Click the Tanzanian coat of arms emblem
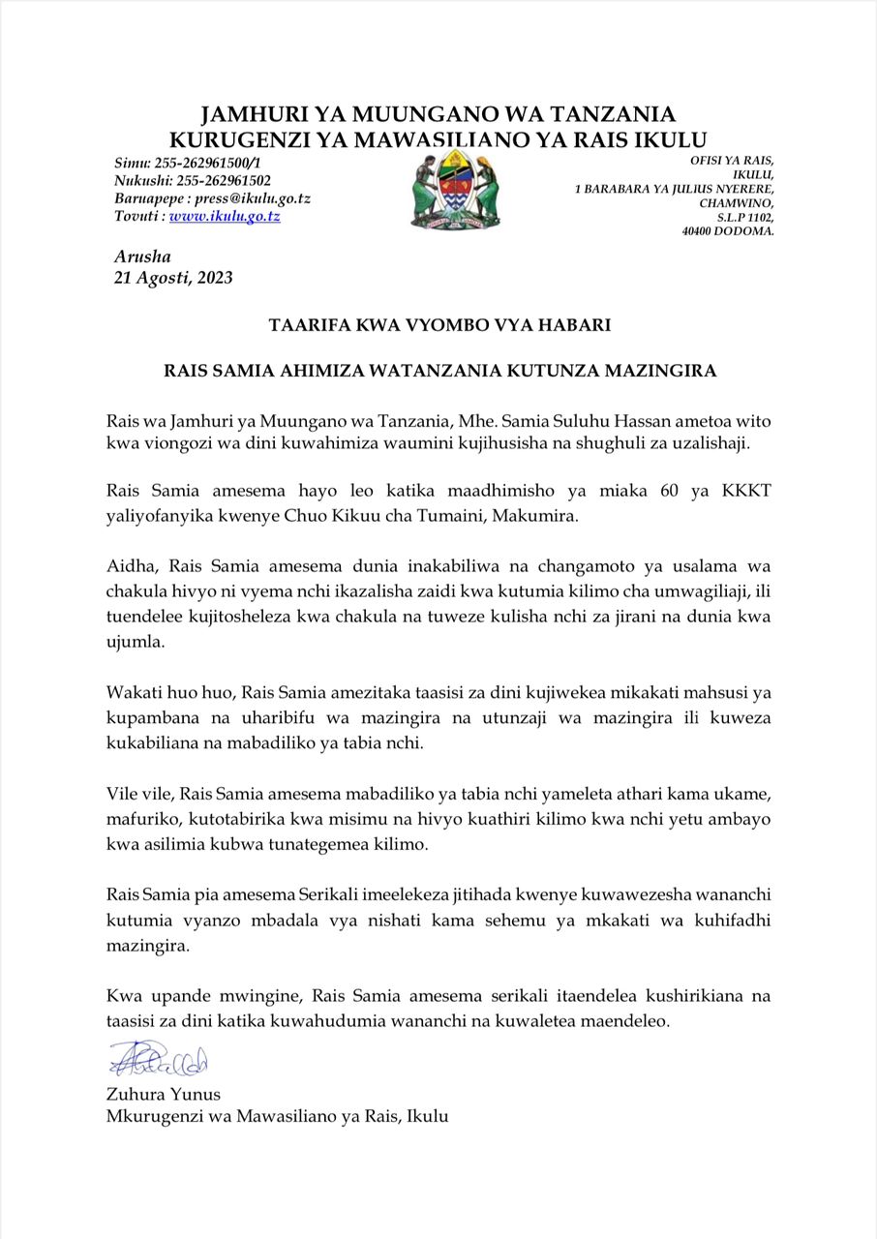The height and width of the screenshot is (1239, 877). pos(455,191)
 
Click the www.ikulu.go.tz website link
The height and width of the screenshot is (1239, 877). pos(225,217)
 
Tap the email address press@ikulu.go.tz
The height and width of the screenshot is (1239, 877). pos(253,198)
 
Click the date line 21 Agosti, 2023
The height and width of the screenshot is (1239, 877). pos(173,278)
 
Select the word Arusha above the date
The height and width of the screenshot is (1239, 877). pos(142,257)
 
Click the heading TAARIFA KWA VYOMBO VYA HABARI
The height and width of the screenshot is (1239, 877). pos(439,325)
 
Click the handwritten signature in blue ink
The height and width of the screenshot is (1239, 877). pos(158,1060)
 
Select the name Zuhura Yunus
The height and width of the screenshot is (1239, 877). pos(164,1095)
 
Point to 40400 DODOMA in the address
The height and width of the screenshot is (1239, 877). pos(727,231)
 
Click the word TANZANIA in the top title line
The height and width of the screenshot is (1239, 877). pos(600,115)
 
